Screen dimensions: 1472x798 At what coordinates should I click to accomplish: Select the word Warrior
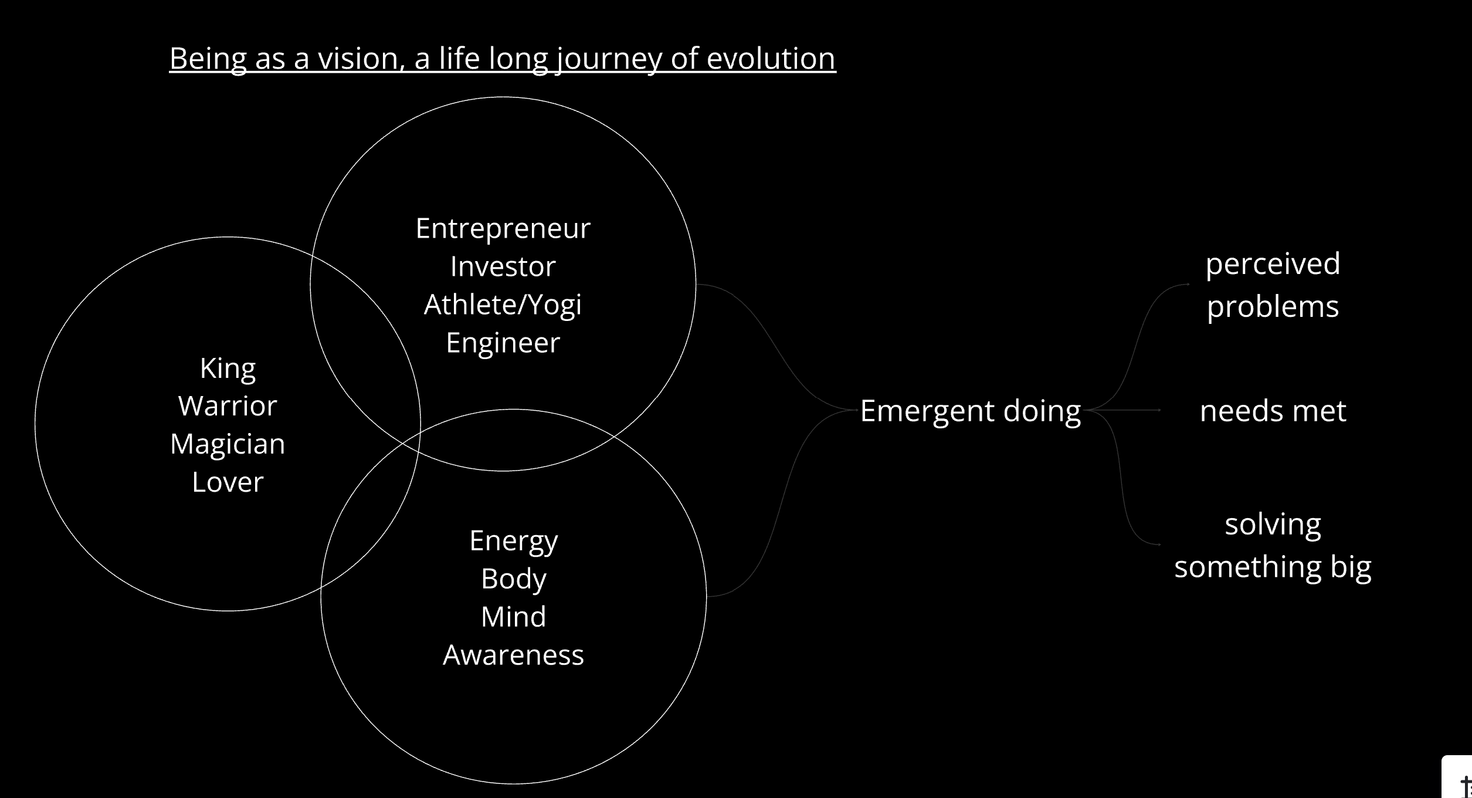pyautogui.click(x=228, y=406)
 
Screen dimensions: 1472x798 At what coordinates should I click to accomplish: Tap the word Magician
pyautogui.click(x=228, y=445)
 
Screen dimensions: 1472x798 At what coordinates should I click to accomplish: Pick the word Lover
pyautogui.click(x=228, y=482)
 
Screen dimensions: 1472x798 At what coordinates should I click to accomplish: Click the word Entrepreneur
pyautogui.click(x=503, y=229)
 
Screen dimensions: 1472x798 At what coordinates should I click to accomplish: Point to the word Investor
pyautogui.click(x=503, y=266)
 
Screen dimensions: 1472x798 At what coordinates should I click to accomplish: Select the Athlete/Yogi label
pyautogui.click(x=503, y=305)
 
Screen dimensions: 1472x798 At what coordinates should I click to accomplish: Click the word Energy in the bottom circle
pyautogui.click(x=514, y=542)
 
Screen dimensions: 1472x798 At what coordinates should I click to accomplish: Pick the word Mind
pyautogui.click(x=514, y=617)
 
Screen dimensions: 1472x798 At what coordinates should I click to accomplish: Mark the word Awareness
pyautogui.click(x=514, y=655)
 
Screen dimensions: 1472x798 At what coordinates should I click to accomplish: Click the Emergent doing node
pyautogui.click(x=971, y=412)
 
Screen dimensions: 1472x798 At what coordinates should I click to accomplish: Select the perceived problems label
pyautogui.click(x=1273, y=285)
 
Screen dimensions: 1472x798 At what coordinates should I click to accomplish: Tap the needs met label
pyautogui.click(x=1273, y=411)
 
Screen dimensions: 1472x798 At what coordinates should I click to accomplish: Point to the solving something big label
pyautogui.click(x=1273, y=546)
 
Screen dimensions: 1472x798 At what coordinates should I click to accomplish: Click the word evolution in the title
pyautogui.click(x=771, y=59)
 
